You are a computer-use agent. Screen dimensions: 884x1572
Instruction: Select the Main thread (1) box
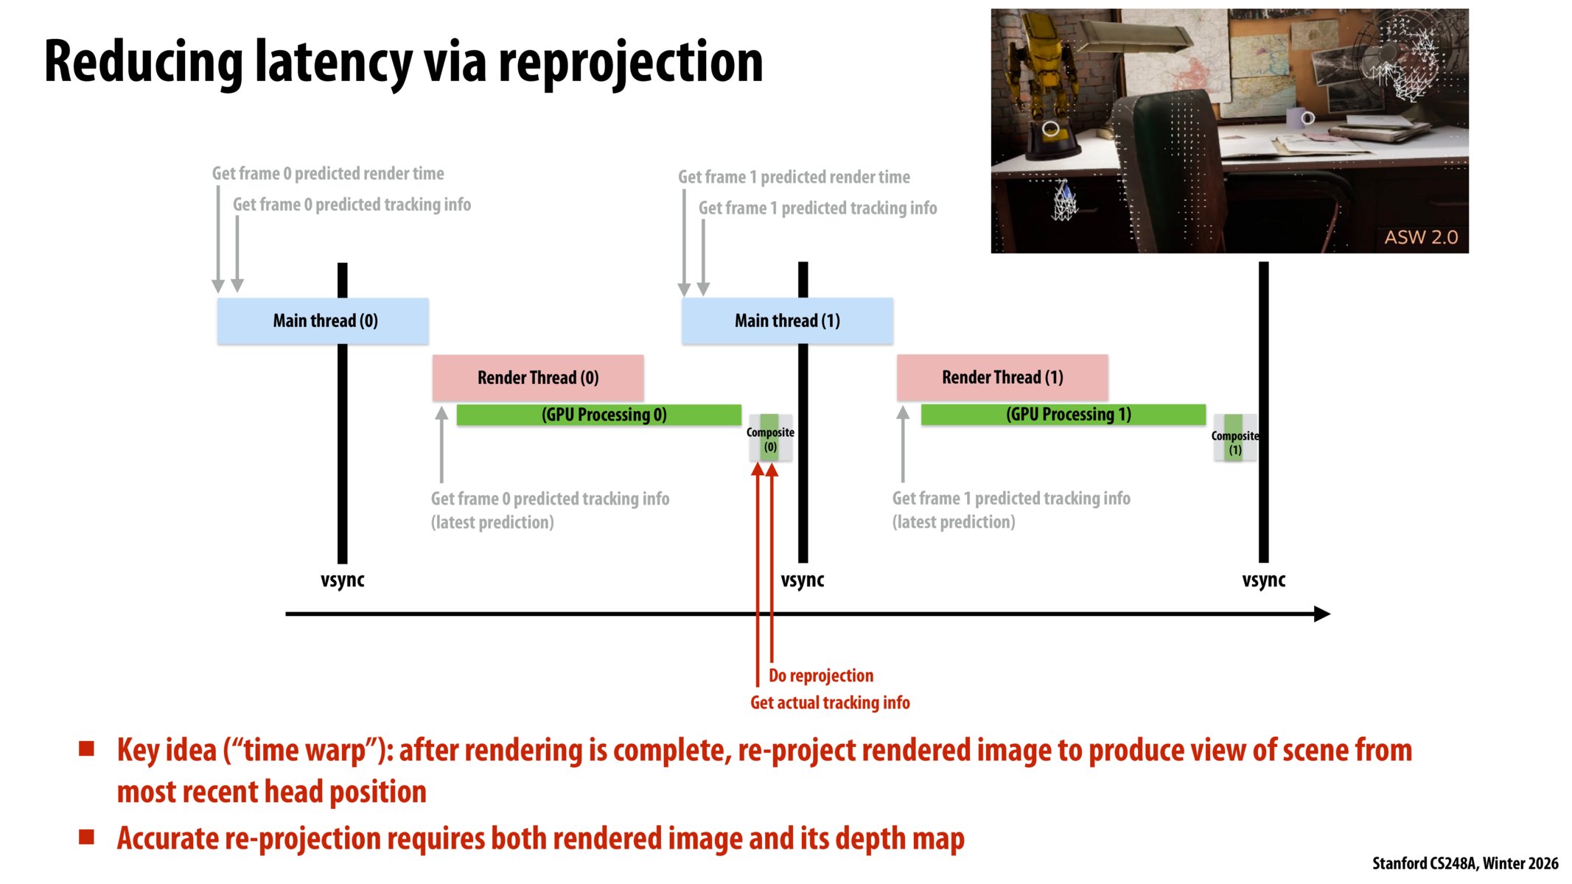tap(786, 321)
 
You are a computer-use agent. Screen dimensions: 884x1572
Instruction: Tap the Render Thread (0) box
tap(537, 378)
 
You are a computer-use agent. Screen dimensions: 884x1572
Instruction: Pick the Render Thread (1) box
tap(1002, 377)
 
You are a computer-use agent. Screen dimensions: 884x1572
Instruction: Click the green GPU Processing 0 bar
tap(598, 415)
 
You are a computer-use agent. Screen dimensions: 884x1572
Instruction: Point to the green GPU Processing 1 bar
tap(1063, 415)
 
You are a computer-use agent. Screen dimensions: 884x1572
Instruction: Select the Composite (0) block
tap(770, 439)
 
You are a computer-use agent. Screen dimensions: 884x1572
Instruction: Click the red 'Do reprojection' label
tap(820, 676)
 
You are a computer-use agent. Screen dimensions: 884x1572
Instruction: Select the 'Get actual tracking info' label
tap(830, 703)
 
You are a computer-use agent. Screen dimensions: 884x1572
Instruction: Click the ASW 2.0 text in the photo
tap(1420, 237)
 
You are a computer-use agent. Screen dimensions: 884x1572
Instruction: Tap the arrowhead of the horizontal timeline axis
tap(1322, 614)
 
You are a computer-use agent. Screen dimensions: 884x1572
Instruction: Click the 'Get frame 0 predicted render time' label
tap(328, 174)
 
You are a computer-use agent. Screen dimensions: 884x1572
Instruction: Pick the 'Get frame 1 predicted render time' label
tap(794, 178)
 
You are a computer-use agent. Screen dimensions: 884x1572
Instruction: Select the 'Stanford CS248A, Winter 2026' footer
tap(1464, 863)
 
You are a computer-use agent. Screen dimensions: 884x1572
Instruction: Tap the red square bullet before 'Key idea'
tap(87, 750)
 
